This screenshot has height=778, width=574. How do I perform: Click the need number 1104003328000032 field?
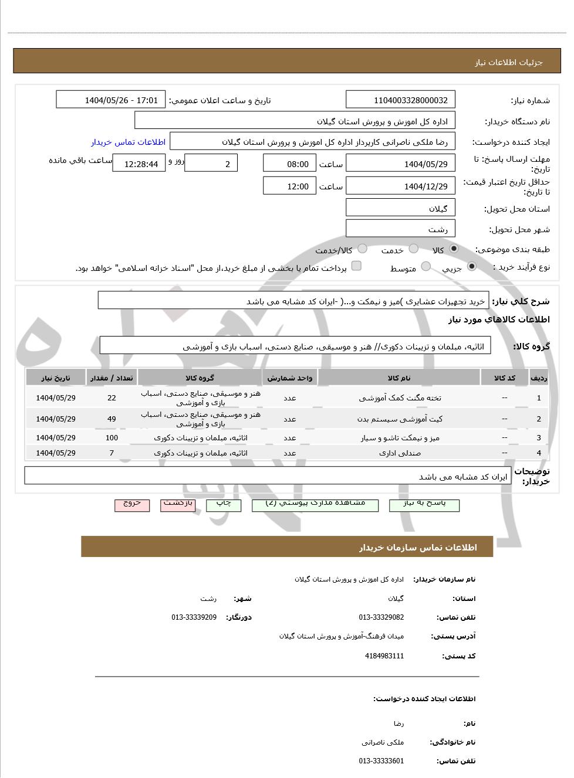pos(400,100)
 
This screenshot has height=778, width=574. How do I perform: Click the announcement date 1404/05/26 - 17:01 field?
pos(111,100)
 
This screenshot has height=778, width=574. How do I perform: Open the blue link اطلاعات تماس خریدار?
pos(128,142)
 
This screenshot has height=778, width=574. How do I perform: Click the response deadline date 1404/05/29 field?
pos(400,164)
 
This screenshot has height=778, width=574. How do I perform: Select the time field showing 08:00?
pos(289,164)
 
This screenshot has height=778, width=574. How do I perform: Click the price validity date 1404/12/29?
pos(400,186)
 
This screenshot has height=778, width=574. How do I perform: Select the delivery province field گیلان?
pos(400,208)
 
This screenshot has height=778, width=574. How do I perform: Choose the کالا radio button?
pos(453,249)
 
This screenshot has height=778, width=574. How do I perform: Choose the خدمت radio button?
pos(414,249)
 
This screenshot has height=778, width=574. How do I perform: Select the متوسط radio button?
pos(426,267)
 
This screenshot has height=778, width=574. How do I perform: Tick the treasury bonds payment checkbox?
pos(356,267)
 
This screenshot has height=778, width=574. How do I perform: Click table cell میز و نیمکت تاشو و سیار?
pos(400,437)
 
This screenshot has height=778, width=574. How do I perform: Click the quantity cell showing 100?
pos(112,437)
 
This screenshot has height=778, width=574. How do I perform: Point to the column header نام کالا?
pos(399,378)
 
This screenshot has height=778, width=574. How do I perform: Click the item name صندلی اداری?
pos(400,453)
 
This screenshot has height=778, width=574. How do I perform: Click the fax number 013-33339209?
pos(194,617)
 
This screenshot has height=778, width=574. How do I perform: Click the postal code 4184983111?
pos(384,656)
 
